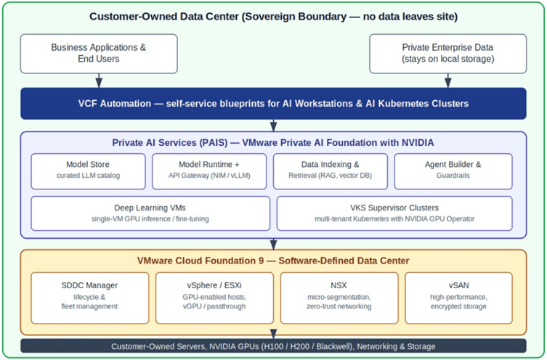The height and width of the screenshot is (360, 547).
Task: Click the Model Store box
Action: coord(88,171)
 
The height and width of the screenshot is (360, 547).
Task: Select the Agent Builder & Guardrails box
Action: coord(453,171)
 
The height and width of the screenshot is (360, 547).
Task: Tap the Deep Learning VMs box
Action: coord(150,213)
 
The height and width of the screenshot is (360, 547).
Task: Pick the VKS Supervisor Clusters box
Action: coord(394,213)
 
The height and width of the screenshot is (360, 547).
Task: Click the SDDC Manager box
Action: coord(90,298)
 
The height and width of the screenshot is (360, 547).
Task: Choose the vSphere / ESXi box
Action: coord(214,298)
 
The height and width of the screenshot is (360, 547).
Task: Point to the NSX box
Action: coord(339,298)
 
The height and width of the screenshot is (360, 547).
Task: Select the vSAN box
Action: coord(459,298)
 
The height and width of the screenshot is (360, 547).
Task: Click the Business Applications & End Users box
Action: coord(99,54)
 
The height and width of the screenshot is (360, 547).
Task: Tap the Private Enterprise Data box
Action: coord(448,54)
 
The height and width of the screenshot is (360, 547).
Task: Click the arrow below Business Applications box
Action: coord(99,81)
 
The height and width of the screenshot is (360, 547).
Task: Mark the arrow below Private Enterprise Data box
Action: coord(448,81)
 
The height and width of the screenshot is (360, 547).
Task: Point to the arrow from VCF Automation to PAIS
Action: coord(273,126)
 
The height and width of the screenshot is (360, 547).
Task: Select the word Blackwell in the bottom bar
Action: coord(335,346)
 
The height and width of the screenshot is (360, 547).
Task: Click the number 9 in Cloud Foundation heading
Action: coord(262,261)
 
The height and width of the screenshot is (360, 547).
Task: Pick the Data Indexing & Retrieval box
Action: coord(331,171)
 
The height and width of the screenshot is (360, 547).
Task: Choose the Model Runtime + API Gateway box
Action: coord(209,171)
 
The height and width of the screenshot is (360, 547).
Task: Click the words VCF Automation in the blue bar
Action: coord(115,104)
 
